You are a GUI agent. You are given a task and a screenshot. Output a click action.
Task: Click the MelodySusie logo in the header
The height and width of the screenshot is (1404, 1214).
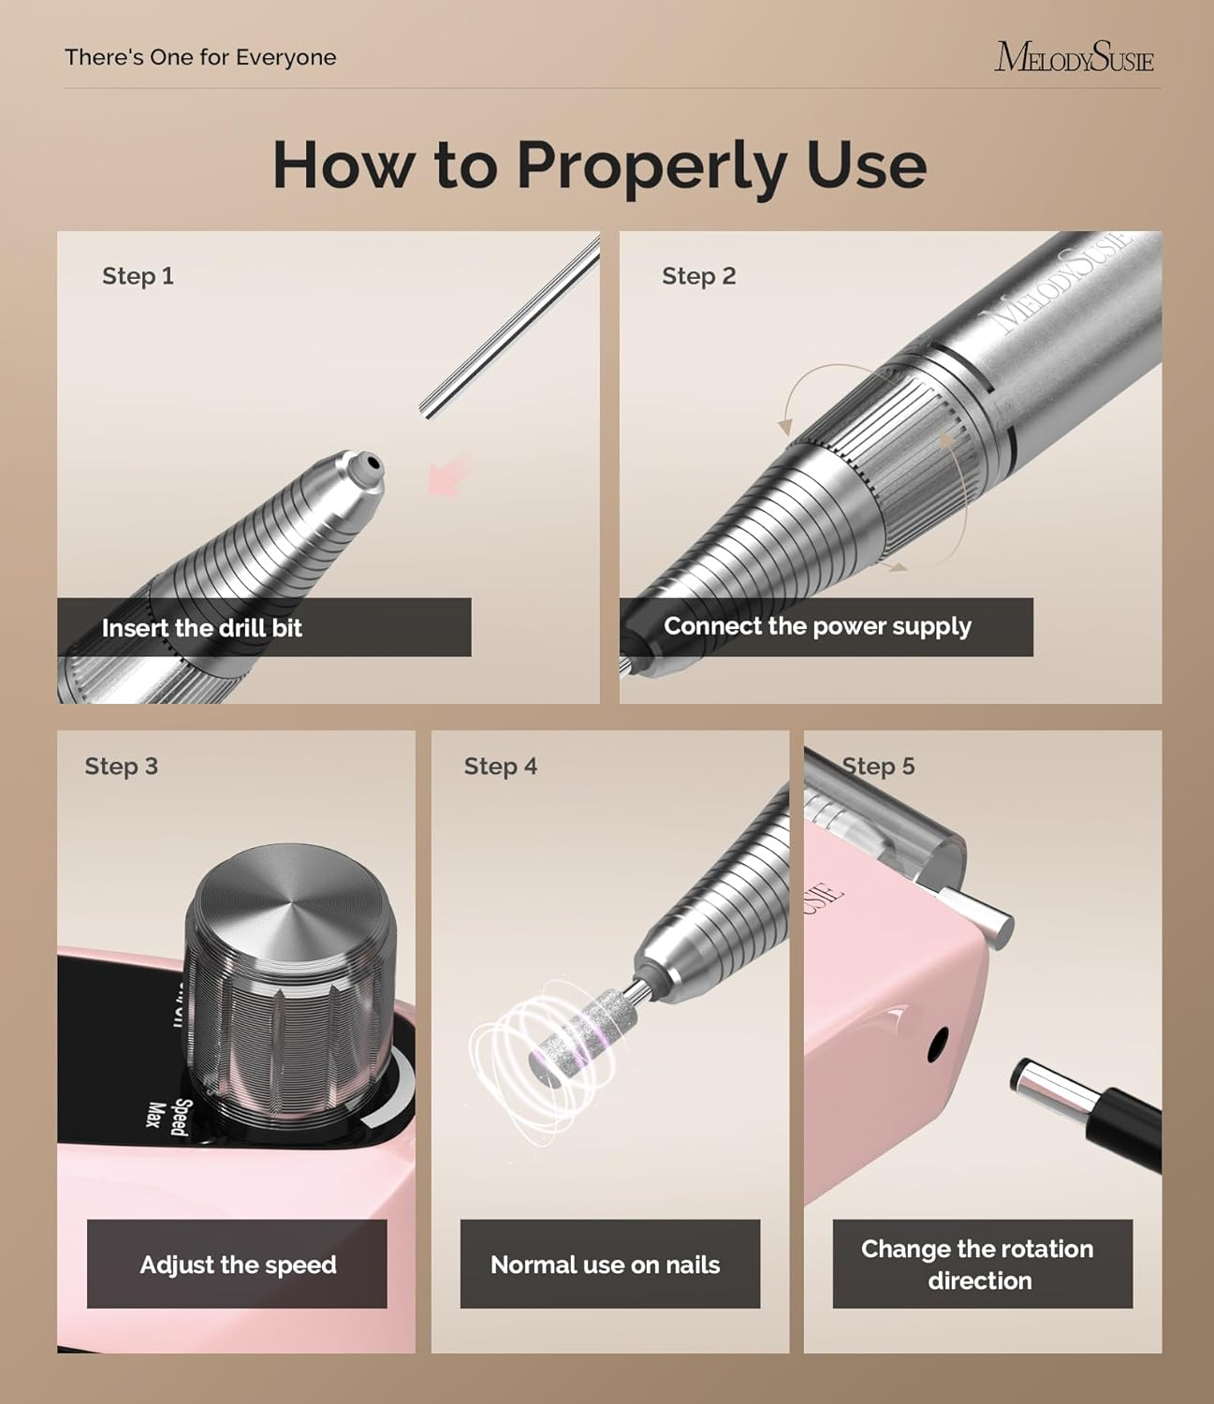point(1074,57)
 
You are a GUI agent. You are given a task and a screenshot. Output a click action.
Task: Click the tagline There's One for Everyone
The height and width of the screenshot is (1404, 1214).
point(200,57)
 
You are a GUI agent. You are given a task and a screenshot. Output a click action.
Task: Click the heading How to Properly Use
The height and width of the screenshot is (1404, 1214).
point(599,165)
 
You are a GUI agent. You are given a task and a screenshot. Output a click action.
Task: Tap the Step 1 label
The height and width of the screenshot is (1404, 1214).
point(138,276)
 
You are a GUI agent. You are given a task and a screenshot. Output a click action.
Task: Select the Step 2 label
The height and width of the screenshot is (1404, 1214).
point(698,276)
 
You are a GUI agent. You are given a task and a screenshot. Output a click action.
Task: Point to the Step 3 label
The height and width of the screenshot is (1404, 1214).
point(121,767)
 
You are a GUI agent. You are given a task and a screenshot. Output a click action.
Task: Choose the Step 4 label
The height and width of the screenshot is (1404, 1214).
point(500,767)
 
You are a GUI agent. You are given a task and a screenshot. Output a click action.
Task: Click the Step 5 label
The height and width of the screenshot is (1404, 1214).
point(878,767)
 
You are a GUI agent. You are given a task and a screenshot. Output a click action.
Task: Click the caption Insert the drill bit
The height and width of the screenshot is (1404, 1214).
point(202,628)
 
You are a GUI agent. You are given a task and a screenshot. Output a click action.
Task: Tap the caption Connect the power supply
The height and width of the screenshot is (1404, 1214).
point(817,626)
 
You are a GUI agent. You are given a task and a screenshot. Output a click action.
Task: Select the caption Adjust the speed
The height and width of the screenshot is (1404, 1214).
point(238,1265)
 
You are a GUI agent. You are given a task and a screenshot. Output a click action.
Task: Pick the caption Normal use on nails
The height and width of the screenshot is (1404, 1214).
point(606,1265)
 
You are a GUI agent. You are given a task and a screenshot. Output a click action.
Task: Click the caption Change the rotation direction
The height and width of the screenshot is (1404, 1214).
point(978,1265)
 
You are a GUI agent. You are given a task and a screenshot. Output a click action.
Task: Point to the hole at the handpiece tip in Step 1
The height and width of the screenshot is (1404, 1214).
point(372,462)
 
